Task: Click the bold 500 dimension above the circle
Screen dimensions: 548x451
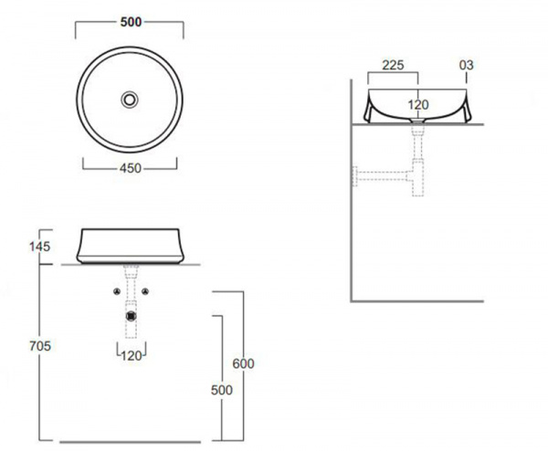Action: [x=131, y=22]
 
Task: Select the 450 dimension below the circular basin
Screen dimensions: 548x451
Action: [x=131, y=168]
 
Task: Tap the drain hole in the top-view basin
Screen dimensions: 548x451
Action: [x=130, y=100]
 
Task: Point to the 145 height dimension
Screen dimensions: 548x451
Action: [x=40, y=246]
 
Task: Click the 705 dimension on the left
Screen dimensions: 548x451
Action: [x=40, y=346]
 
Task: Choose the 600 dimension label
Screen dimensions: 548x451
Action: [x=243, y=363]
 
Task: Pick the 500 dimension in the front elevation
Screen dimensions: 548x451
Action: [x=222, y=390]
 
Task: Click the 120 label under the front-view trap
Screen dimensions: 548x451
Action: [x=132, y=356]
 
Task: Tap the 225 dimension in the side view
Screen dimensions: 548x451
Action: [x=393, y=65]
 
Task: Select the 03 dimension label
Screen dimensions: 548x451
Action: [x=466, y=65]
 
